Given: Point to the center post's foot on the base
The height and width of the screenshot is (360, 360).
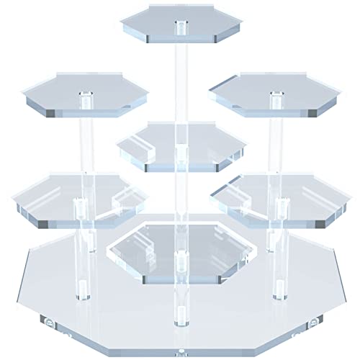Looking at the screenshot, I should click(177, 313).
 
